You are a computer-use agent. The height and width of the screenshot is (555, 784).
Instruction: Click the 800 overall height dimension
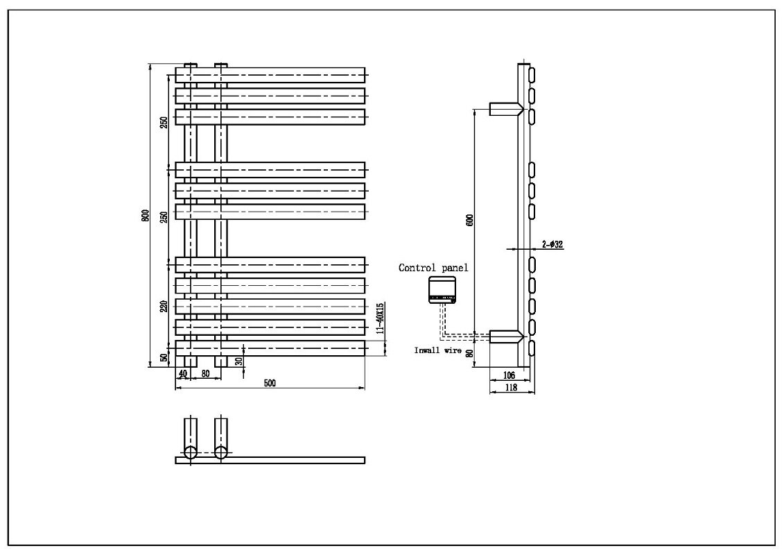tap(146, 215)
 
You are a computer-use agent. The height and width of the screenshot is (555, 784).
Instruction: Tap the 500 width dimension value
tap(270, 384)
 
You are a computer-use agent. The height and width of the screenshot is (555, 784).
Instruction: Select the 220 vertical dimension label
tap(164, 306)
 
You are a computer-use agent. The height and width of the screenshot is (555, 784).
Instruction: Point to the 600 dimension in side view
tap(469, 220)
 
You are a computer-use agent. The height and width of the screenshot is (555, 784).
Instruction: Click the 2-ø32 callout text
tap(552, 244)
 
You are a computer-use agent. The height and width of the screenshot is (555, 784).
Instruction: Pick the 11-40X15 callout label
tap(380, 318)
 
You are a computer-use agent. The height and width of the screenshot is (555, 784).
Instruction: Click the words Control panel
tap(433, 268)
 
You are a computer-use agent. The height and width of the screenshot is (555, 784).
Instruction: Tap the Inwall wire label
tap(437, 350)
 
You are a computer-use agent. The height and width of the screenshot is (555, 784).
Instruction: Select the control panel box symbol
tap(442, 290)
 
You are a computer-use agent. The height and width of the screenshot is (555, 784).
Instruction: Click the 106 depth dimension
tap(509, 375)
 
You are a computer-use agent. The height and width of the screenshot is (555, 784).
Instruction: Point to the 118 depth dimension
tap(511, 387)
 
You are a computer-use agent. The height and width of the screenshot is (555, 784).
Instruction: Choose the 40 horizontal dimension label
tap(182, 373)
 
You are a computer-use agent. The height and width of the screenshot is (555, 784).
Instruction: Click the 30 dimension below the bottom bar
tap(238, 360)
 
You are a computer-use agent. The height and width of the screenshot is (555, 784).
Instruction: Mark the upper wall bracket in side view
tap(506, 109)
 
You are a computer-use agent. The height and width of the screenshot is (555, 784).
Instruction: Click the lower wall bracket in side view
tap(506, 336)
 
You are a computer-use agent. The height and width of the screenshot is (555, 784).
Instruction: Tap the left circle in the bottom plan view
tap(191, 452)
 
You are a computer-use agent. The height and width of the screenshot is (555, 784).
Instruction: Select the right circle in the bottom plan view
tap(220, 452)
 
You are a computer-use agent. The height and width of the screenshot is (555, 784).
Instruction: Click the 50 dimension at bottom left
tap(164, 357)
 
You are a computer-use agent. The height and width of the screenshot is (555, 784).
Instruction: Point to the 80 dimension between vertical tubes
tap(205, 373)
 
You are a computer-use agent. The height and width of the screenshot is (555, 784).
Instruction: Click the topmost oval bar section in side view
tap(532, 74)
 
